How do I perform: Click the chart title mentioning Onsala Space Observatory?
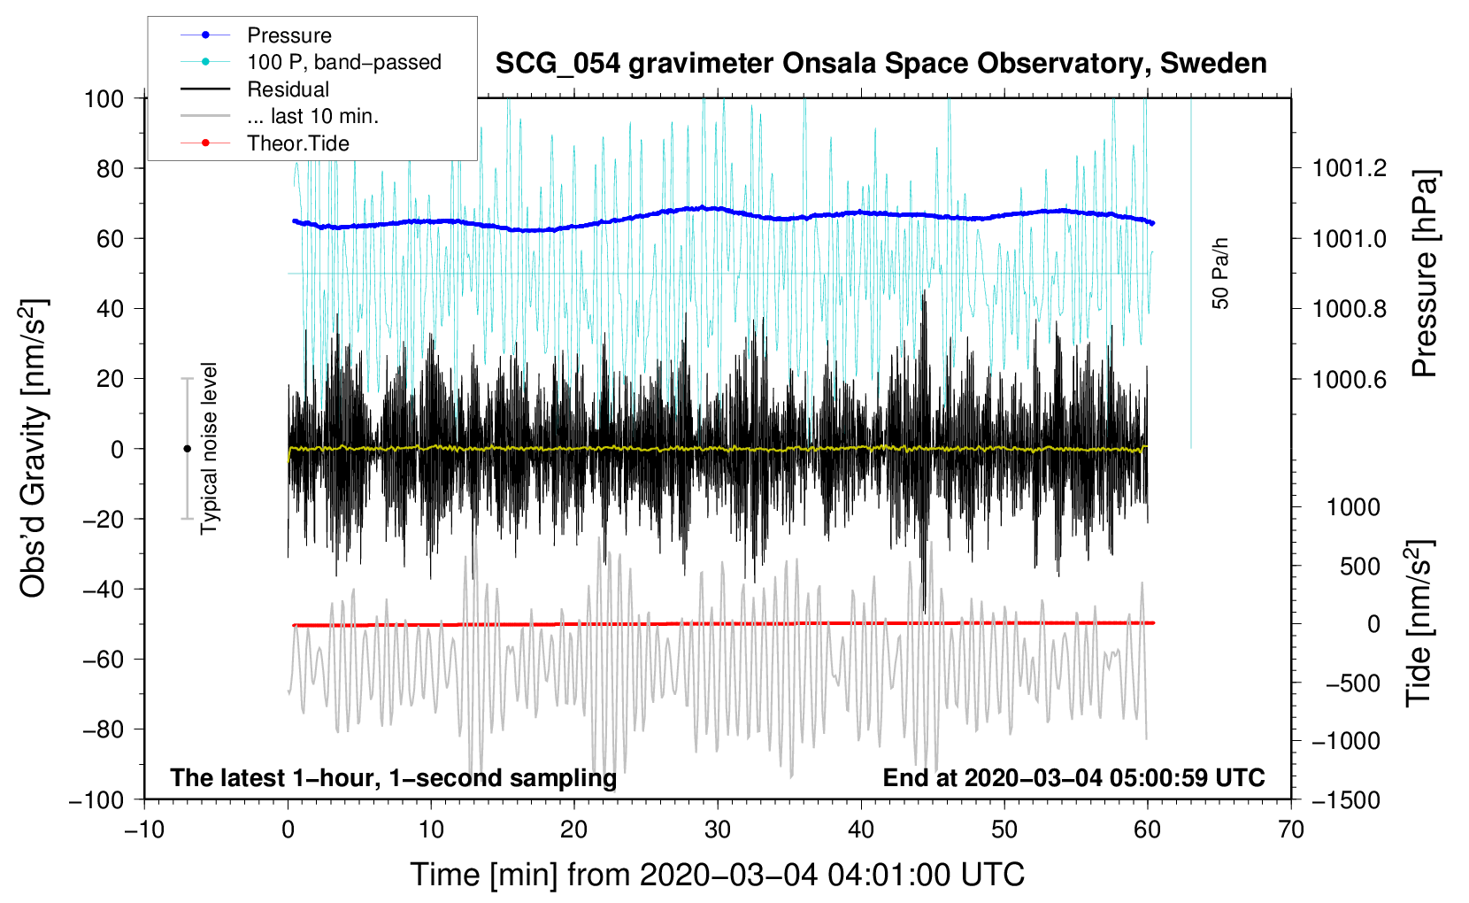[x=881, y=64]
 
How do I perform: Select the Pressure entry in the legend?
[x=288, y=35]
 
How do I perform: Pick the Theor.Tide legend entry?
[x=297, y=143]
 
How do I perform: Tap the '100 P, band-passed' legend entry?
[x=343, y=62]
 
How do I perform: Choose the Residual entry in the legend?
[x=288, y=89]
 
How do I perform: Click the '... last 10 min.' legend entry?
[x=312, y=116]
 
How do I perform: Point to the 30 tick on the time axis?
[x=718, y=830]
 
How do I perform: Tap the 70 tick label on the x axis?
[x=1291, y=830]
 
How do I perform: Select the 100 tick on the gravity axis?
[x=104, y=98]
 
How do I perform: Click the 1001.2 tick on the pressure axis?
[x=1350, y=168]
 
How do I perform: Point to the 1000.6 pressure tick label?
[x=1350, y=379]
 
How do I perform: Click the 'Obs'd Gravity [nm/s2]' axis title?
[x=33, y=448]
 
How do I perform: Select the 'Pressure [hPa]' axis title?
[x=1424, y=274]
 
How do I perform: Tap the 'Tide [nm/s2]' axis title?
[x=1419, y=623]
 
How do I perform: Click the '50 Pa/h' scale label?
[x=1221, y=274]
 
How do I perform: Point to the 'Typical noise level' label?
[x=209, y=448]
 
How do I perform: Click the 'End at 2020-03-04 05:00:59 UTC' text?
[x=1073, y=777]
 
